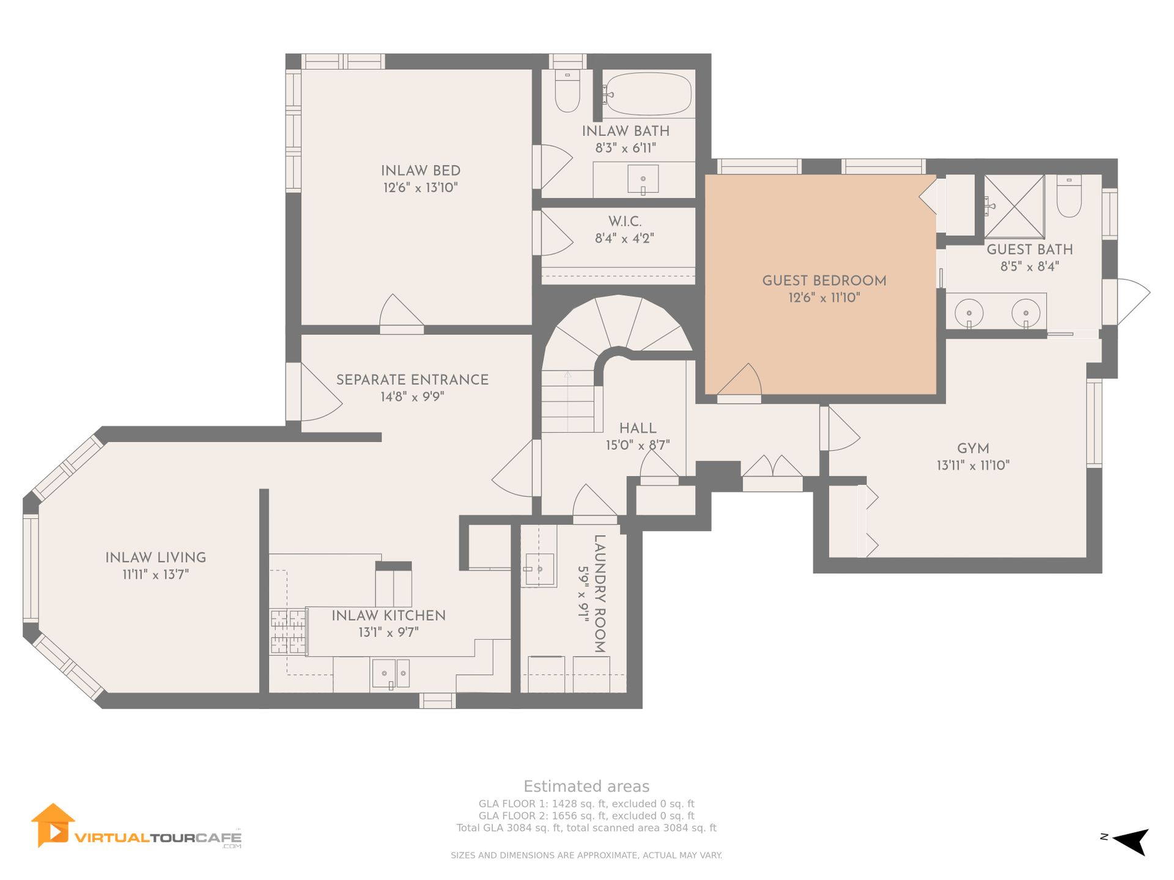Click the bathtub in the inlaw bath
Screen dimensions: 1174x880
(x=648, y=94)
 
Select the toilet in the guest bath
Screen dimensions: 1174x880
(x=1069, y=196)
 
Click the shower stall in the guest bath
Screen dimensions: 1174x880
(x=1014, y=207)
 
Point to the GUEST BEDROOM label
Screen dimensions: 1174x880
(x=824, y=280)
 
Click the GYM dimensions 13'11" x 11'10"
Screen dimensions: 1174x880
(x=973, y=466)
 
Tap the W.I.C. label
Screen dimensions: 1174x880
(x=625, y=221)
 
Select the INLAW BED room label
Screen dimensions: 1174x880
(x=421, y=170)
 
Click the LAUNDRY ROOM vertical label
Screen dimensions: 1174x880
(x=600, y=594)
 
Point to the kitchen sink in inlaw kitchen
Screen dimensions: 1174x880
(x=391, y=673)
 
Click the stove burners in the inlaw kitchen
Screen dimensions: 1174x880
(x=288, y=632)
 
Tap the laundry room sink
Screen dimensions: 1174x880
(x=539, y=570)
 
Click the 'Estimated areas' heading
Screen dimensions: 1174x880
(x=586, y=787)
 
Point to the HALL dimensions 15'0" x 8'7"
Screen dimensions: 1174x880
(x=638, y=446)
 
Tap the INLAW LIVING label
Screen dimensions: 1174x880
(x=155, y=557)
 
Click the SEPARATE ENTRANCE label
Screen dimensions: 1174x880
(x=412, y=380)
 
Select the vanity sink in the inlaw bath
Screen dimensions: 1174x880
(x=643, y=179)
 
